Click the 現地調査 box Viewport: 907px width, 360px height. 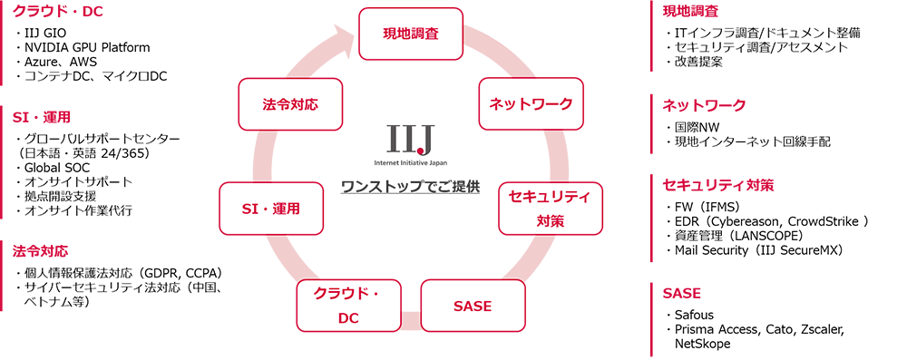413,33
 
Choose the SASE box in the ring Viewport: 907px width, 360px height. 473,306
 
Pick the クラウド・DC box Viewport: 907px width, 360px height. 349,306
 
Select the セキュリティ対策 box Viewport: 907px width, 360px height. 550,208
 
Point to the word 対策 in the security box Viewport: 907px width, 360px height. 550,219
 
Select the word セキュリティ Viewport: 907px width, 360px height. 550,197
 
